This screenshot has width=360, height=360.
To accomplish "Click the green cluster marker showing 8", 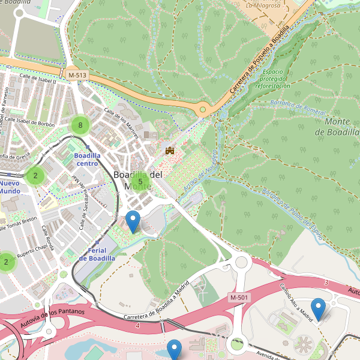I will click(x=80, y=125).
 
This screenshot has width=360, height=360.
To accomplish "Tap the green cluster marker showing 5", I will click(x=140, y=181).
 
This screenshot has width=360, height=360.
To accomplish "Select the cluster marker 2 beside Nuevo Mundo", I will click(x=35, y=176).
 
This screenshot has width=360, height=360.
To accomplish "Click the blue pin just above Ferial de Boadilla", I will click(x=133, y=222).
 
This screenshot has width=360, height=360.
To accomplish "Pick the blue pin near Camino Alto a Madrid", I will click(x=319, y=308).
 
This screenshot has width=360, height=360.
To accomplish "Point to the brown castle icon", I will click(x=170, y=150).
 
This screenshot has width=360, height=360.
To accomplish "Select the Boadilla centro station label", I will click(x=86, y=159).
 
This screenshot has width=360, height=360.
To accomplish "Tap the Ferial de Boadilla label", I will click(x=97, y=254).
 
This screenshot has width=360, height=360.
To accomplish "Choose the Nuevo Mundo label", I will click(x=10, y=187).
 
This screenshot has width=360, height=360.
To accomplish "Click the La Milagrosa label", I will click(x=264, y=5).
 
